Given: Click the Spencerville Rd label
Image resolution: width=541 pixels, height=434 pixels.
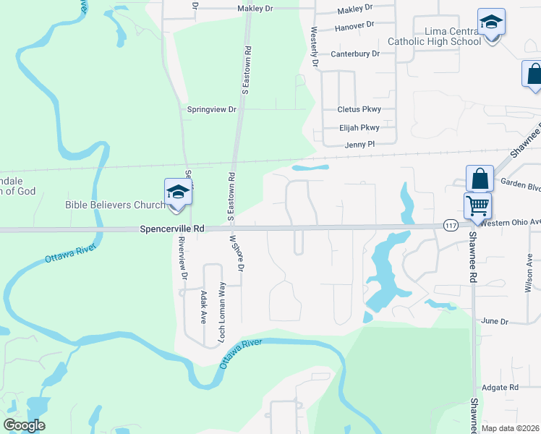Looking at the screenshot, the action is click(172, 229).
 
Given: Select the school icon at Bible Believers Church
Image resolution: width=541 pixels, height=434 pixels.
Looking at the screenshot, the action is click(177, 192).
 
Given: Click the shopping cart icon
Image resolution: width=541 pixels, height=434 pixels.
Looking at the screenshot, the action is click(477, 205).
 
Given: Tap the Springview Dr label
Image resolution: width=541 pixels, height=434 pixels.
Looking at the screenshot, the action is click(212, 109).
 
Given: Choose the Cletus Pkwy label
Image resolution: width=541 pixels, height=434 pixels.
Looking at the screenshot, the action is click(359, 110).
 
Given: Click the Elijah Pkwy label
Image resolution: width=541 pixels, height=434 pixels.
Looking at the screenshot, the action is click(359, 127).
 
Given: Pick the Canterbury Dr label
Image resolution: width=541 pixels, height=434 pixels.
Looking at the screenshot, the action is click(355, 54).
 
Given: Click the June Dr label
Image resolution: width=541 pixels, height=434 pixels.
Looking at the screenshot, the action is click(490, 320).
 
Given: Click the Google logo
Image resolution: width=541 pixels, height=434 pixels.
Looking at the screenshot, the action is click(25, 425).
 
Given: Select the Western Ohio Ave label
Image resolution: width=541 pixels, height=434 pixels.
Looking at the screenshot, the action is click(510, 222).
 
